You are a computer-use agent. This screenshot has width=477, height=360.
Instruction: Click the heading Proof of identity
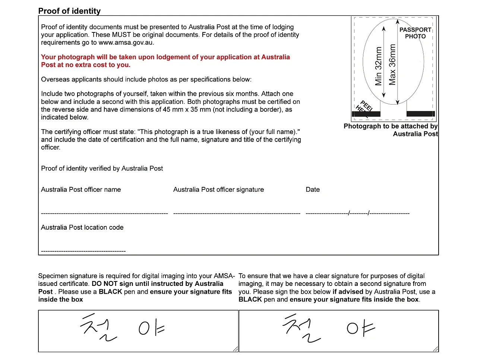coord(69,11)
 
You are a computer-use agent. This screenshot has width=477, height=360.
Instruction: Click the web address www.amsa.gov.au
coord(126,42)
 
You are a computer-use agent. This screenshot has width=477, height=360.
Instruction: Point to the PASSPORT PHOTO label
coord(415,33)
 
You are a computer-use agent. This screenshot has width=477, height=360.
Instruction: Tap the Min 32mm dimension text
coord(379,66)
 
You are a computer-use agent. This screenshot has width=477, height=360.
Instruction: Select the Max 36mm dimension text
coord(392,65)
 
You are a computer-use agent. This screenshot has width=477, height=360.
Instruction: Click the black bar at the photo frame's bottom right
coord(420,114)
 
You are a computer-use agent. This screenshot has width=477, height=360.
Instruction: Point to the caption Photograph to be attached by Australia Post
coord(391,130)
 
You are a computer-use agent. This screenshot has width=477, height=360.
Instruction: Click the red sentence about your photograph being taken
coord(165,61)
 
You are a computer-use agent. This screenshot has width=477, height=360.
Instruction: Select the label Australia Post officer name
coord(81,189)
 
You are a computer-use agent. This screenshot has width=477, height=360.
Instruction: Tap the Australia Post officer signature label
coord(218,189)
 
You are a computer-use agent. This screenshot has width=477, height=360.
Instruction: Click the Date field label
coord(313,189)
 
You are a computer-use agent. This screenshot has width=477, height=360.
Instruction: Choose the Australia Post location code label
coord(82,227)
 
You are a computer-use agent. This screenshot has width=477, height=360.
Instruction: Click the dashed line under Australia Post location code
coord(83,251)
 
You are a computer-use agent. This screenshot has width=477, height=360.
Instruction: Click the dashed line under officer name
coord(104,213)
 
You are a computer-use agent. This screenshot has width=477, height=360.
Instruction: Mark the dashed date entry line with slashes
coord(357,213)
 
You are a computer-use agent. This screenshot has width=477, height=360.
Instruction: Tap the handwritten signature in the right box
coord(328,328)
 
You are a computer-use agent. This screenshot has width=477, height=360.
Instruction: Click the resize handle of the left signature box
coord(236,349)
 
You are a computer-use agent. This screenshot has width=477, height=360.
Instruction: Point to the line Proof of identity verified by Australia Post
coord(102,168)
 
